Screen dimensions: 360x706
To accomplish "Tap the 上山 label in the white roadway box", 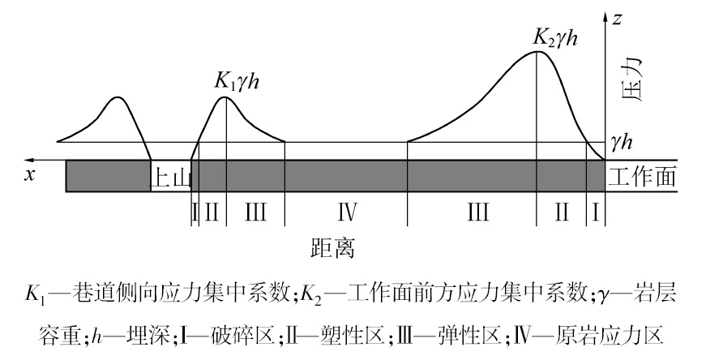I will [170, 178].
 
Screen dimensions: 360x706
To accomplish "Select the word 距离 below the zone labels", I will [332, 246].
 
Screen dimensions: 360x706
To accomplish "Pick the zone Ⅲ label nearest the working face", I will [477, 213].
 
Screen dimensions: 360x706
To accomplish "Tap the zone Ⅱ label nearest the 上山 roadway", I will [212, 213].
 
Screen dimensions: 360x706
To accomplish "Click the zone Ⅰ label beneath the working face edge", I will [596, 213].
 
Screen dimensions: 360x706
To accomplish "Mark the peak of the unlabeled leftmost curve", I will [118, 97].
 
